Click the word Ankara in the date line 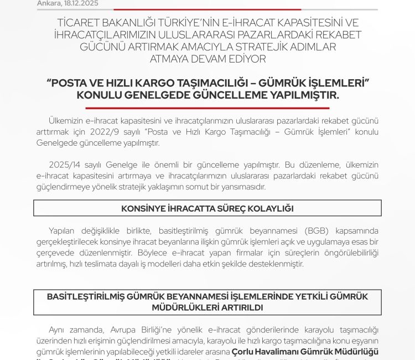tap(48, 3)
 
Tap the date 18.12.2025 tap(79, 3)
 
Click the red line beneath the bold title tap(207, 108)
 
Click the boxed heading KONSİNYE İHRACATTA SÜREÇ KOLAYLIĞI tap(207, 208)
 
